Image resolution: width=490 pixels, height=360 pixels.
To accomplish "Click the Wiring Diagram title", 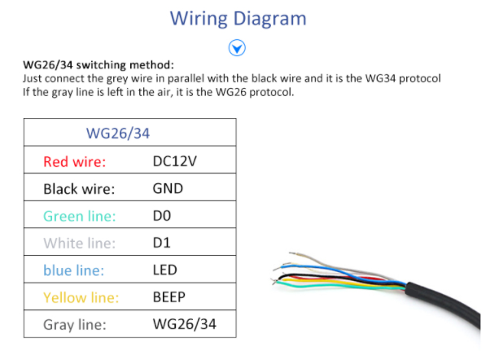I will [x=238, y=19].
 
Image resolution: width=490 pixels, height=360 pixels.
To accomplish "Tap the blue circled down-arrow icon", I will [x=238, y=48].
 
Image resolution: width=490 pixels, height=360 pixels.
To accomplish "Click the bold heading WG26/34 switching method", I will [x=98, y=65].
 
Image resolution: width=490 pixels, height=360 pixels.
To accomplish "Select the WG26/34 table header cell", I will [x=118, y=133].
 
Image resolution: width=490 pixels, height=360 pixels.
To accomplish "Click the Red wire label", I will [x=75, y=161].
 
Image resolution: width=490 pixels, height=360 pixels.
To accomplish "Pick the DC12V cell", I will [x=175, y=160].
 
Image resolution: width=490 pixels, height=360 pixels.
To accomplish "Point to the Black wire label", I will [x=79, y=189].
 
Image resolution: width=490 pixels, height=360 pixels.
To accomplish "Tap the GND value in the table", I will [x=168, y=188].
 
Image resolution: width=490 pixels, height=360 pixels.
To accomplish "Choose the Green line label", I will [x=80, y=216].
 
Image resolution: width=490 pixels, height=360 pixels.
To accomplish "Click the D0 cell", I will [x=163, y=216].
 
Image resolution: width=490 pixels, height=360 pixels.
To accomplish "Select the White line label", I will [x=80, y=244].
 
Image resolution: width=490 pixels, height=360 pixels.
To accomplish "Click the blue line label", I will [x=73, y=270].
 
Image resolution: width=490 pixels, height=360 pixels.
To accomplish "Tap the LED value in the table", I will [x=165, y=270].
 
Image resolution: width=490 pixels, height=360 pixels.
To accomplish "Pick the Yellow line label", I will [x=81, y=298].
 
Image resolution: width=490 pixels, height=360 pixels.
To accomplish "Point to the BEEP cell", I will [x=169, y=297].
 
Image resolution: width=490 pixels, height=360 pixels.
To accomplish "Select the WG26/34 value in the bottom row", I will [x=184, y=325].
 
